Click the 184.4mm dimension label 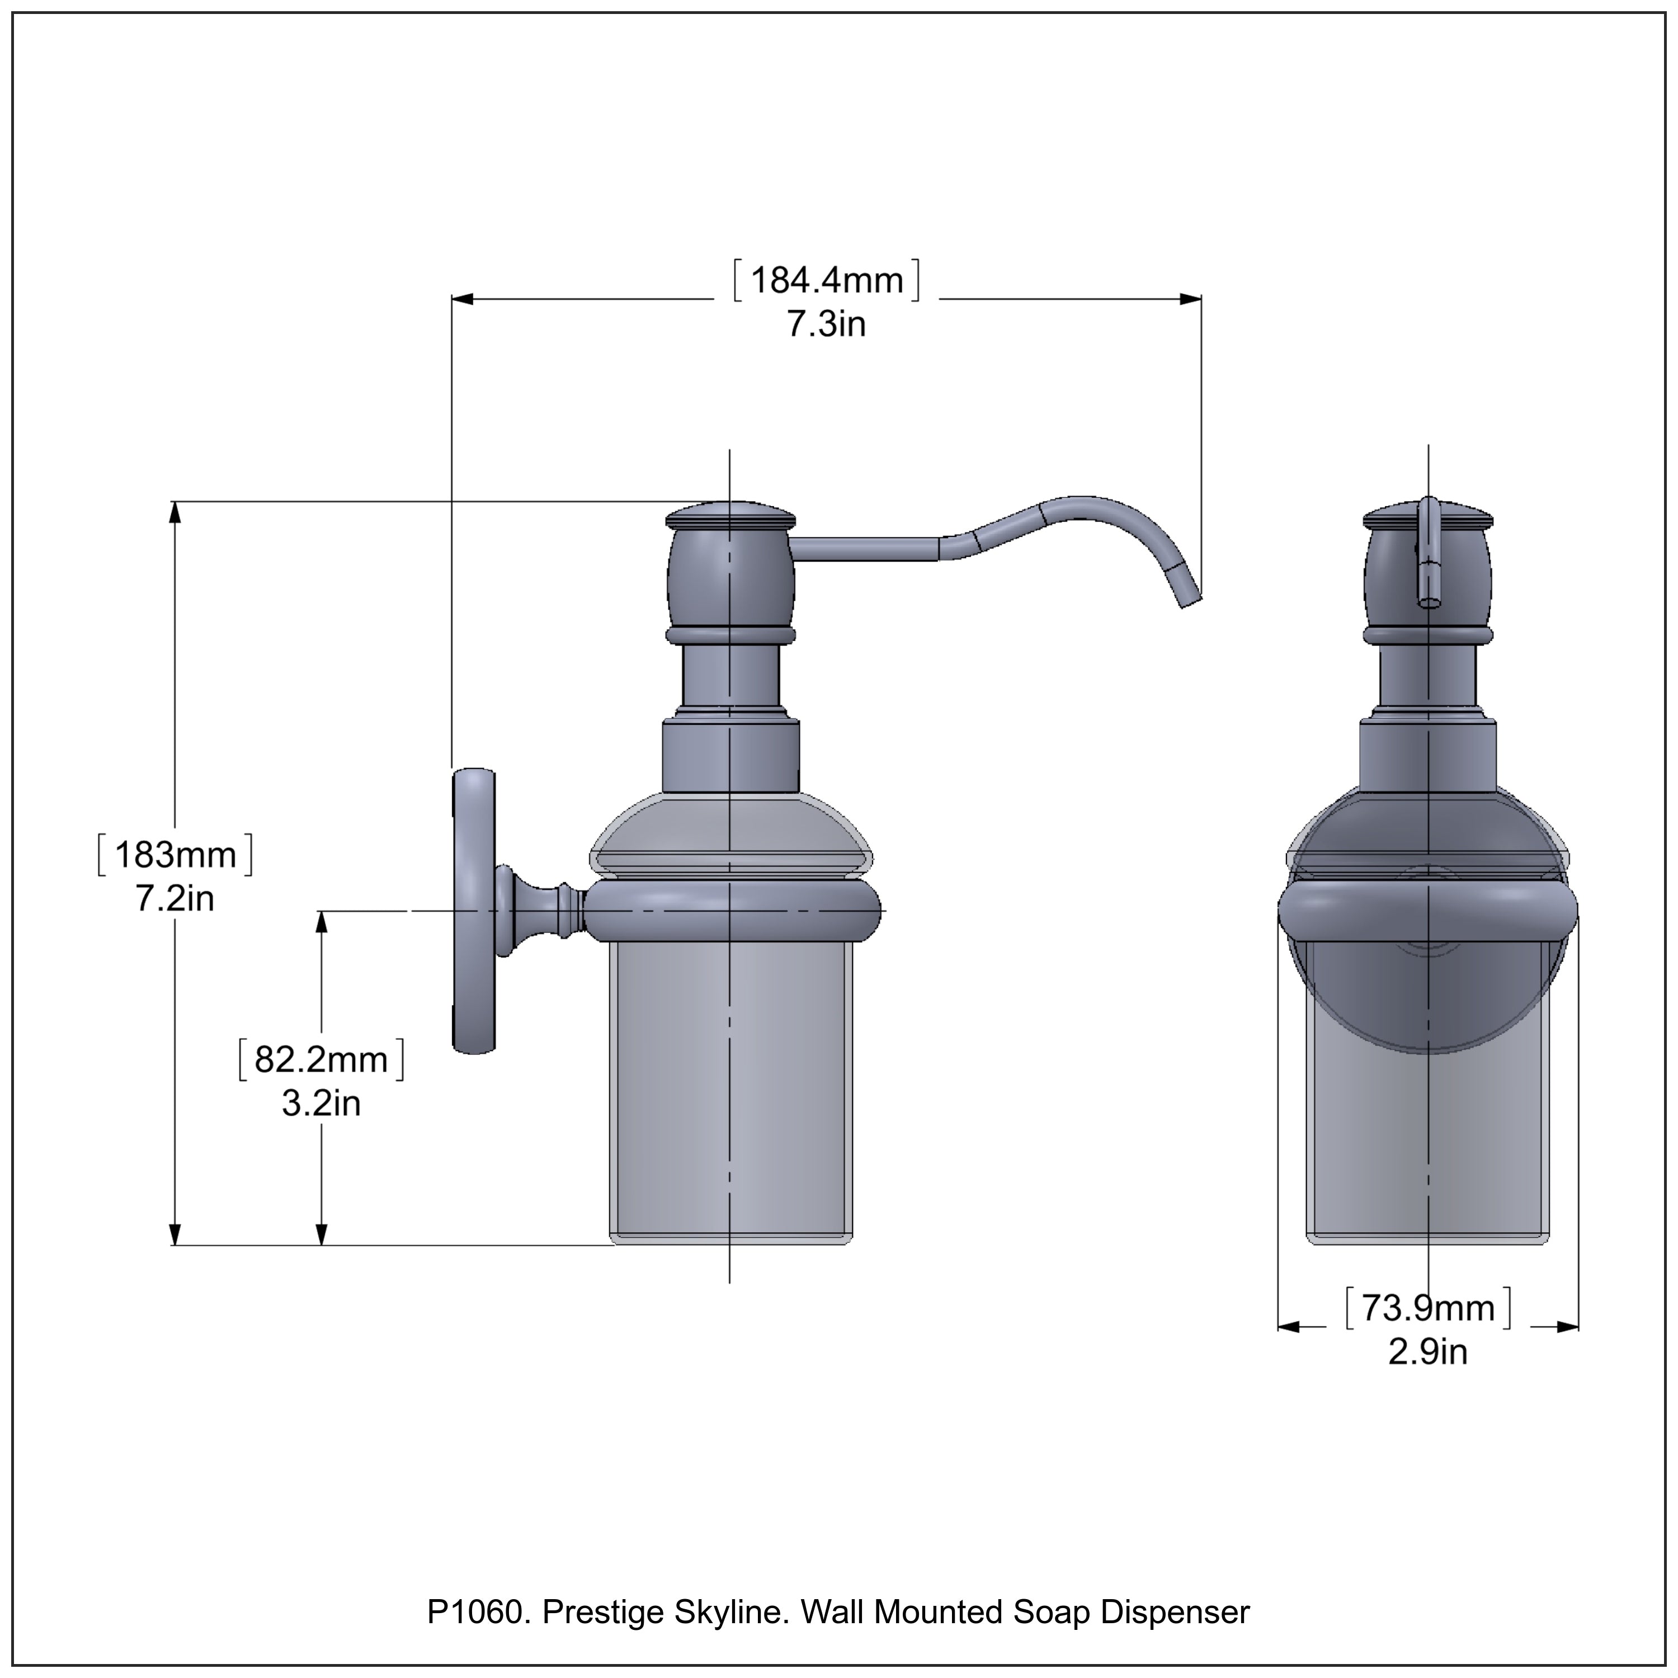click(x=826, y=281)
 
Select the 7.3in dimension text click(x=826, y=325)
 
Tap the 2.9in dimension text click(x=1428, y=1376)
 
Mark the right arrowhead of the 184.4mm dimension click(x=1191, y=299)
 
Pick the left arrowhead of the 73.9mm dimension click(x=1288, y=1351)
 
